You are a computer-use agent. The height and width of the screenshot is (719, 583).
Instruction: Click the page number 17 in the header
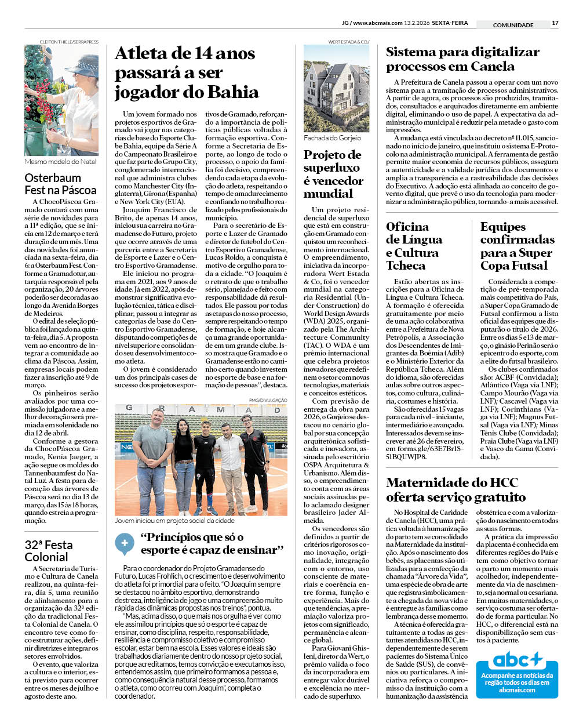tap(555, 23)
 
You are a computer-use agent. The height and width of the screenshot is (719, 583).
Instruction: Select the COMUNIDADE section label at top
tap(513, 25)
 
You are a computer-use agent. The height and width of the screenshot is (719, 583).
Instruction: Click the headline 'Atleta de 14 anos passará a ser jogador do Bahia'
tap(186, 72)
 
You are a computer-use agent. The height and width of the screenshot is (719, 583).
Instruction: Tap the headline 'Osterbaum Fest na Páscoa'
tap(60, 184)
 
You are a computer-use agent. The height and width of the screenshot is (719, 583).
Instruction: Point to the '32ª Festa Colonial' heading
tap(49, 551)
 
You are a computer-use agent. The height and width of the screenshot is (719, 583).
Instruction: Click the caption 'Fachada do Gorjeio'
tap(332, 138)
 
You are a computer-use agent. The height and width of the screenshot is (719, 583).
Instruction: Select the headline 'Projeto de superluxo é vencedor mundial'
tap(333, 174)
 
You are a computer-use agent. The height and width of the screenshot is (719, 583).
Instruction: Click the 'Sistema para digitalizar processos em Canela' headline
tap(462, 59)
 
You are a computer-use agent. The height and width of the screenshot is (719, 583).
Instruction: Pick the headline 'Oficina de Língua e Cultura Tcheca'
tap(414, 246)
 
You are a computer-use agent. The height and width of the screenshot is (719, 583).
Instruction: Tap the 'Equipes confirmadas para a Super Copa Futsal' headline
tap(517, 246)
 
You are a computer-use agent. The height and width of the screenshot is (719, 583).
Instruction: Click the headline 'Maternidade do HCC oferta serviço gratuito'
tap(456, 489)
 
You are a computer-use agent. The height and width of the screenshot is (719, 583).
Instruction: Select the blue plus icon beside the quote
tap(124, 544)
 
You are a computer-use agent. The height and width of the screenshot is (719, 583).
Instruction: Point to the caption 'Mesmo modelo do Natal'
tap(60, 162)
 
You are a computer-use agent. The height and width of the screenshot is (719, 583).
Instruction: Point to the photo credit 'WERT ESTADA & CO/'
tap(348, 42)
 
